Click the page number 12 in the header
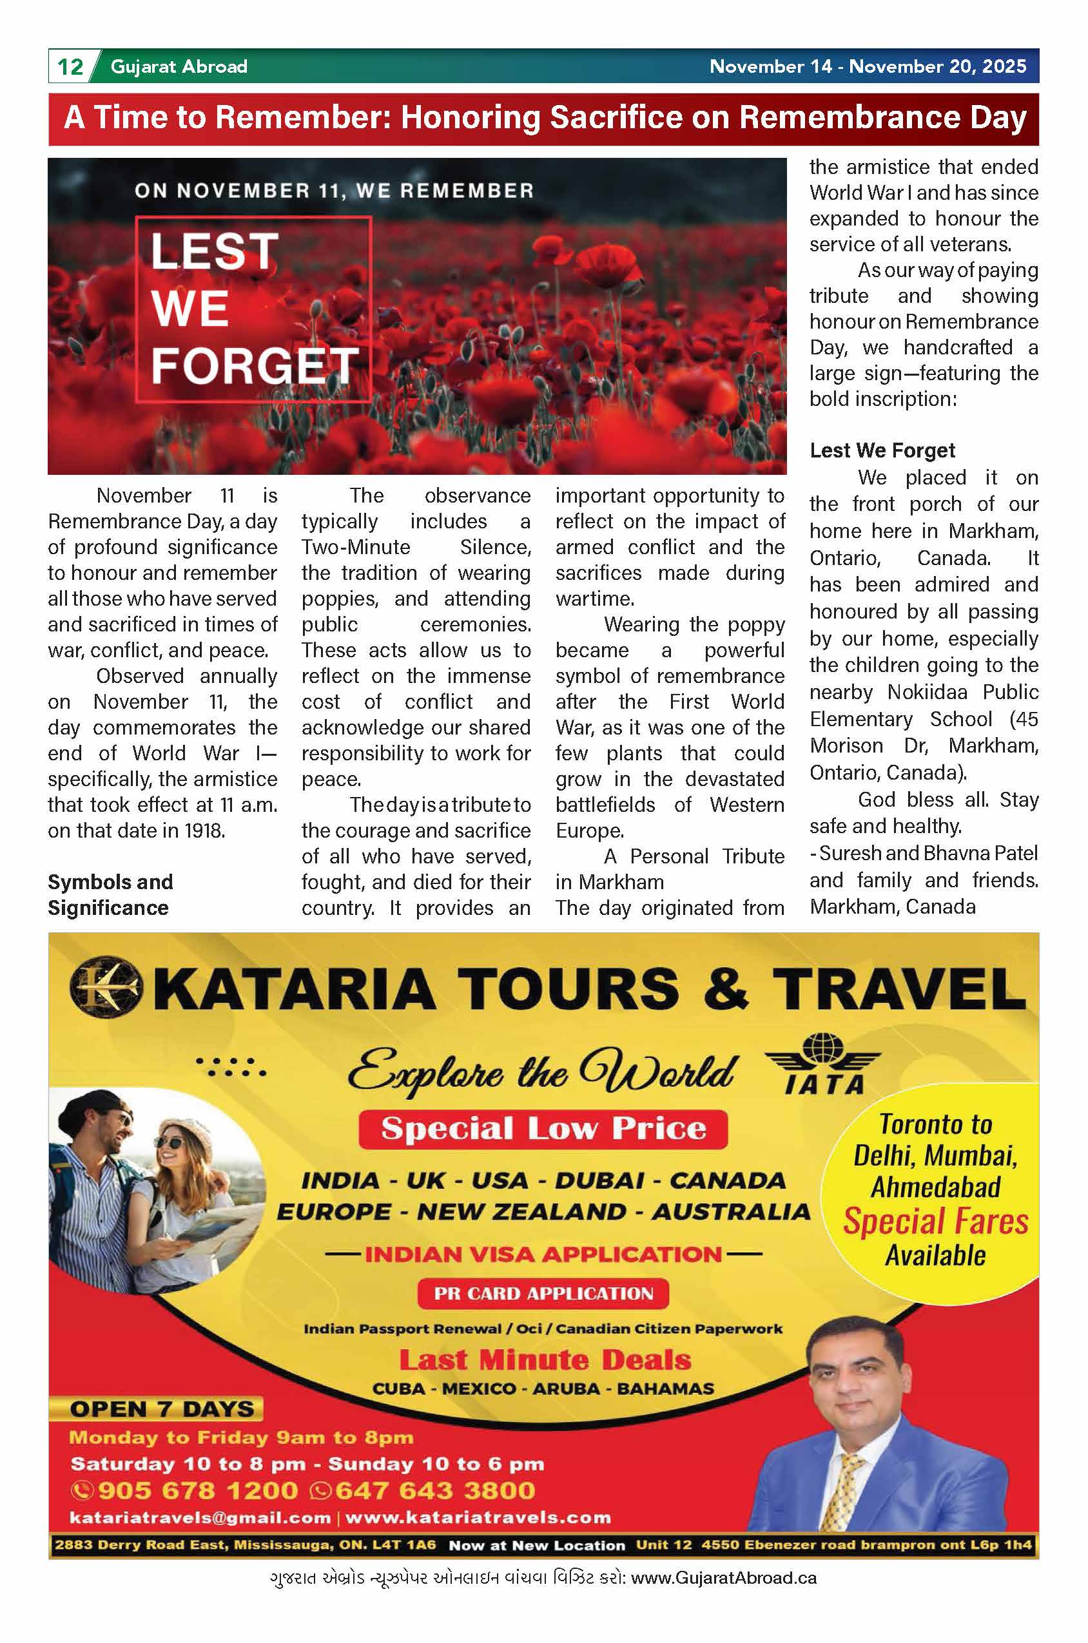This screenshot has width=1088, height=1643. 70,66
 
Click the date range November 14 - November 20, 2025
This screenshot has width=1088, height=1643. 868,66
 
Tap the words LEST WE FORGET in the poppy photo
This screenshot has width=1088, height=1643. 253,309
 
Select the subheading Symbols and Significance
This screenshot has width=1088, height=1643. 109,895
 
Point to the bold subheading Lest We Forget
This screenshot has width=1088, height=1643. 882,451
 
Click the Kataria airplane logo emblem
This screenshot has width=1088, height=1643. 106,988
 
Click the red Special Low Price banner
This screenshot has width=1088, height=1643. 543,1129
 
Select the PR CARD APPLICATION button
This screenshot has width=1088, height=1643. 543,1293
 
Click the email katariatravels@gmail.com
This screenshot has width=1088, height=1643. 200,1517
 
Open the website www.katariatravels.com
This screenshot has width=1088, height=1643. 478,1517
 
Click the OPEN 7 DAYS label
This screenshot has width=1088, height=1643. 162,1409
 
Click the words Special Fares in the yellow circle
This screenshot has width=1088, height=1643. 935,1222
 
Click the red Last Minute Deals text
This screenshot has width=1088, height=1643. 545,1360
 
